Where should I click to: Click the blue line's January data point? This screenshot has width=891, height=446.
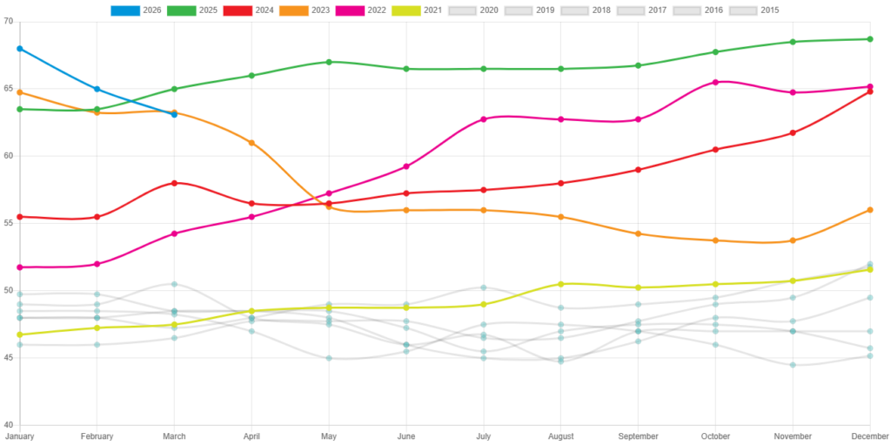(x=19, y=49)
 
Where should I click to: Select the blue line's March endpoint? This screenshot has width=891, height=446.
(x=174, y=114)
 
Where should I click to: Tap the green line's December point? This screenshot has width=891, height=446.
(x=870, y=39)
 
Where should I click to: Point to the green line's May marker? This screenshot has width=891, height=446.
(x=329, y=62)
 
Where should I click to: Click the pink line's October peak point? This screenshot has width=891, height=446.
(x=715, y=82)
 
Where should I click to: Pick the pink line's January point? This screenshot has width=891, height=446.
(x=19, y=267)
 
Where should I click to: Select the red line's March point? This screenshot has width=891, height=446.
(x=174, y=183)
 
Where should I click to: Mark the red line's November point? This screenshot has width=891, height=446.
(x=793, y=132)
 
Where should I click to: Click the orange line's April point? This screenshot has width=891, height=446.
(x=251, y=142)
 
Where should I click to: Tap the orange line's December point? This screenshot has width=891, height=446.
(x=870, y=210)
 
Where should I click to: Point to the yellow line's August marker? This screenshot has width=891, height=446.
(x=560, y=284)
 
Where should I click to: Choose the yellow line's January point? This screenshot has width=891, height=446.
(x=19, y=334)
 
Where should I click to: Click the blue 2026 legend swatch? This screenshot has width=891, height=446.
(x=125, y=10)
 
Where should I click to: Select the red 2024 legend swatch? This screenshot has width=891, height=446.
(x=237, y=10)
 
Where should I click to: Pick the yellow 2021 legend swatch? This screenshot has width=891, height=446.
(x=405, y=10)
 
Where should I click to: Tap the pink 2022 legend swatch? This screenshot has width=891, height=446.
(x=349, y=10)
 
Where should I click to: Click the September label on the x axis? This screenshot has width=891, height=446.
(x=638, y=436)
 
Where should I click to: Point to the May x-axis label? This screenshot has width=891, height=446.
(x=329, y=436)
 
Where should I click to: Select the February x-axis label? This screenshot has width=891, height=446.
(x=97, y=436)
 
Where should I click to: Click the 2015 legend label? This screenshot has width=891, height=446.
(x=770, y=10)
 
